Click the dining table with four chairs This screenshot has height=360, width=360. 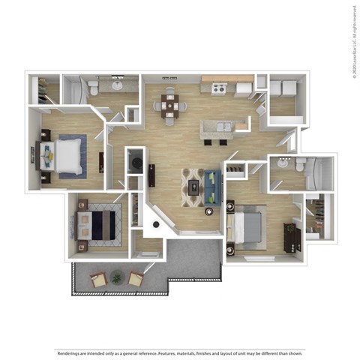pos(172,106)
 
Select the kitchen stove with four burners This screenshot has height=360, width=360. pos(218,89)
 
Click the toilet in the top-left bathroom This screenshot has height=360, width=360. pos(94,88)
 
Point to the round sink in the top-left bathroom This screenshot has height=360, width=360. pos(118,85)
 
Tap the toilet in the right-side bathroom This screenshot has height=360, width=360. pos(299,164)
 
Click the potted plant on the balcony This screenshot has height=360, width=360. pos(116,278)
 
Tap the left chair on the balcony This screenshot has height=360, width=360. pos(98,280)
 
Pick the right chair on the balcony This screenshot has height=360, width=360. pos(135,279)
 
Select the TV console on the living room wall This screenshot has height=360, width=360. pos(152,175)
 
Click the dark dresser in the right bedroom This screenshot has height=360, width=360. pos(291,236)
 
